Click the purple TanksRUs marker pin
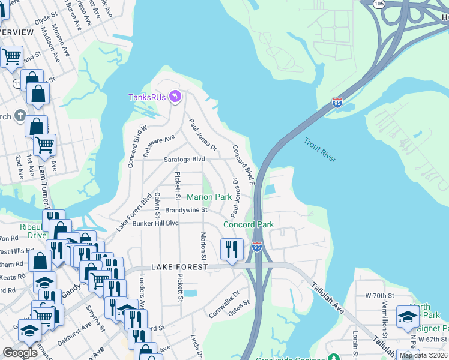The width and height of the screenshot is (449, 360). [x=175, y=96]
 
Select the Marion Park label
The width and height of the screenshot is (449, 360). [x=209, y=197]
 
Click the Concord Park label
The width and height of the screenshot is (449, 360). [x=249, y=224]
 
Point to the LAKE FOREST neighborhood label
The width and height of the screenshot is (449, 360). [x=179, y=266]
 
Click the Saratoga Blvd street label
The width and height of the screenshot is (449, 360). [x=185, y=160]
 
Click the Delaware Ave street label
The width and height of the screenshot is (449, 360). [x=159, y=145]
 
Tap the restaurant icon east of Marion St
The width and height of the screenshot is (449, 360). [x=232, y=248]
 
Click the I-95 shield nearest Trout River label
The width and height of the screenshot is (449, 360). [x=337, y=103]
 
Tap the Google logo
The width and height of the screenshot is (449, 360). [x=20, y=352]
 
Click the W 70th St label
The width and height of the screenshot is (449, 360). [x=379, y=296]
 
